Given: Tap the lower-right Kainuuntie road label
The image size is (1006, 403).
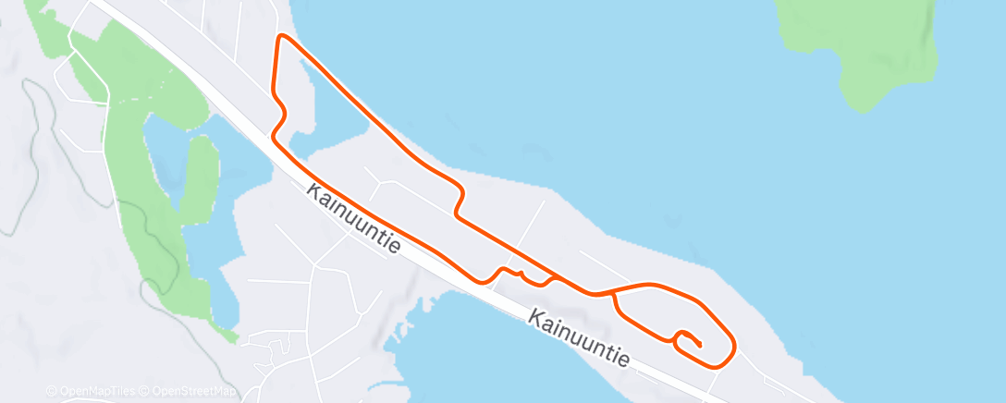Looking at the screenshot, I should (580, 336).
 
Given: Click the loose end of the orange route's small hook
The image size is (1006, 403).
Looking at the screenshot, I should (700, 345).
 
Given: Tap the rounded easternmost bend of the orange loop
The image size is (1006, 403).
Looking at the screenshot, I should (734, 348).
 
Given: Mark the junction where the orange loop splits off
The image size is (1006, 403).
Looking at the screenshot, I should (614, 293).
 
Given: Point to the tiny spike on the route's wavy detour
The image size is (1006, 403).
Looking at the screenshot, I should (522, 273).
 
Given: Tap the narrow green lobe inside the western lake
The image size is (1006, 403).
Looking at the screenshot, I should (198, 176).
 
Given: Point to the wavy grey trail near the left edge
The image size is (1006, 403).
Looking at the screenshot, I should (37, 120).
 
